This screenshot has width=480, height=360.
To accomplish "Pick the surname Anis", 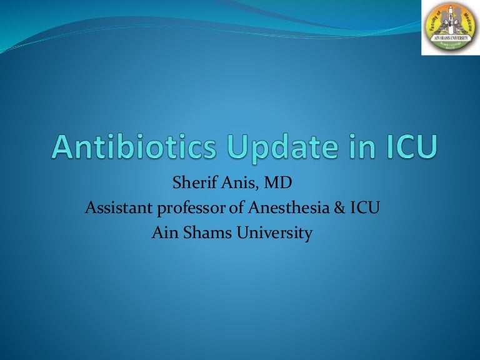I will tap(234, 185).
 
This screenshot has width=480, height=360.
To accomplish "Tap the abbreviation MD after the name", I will tap(272, 185).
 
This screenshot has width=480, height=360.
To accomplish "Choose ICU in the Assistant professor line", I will tap(360, 209).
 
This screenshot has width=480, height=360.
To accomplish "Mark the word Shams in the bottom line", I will tap(204, 234).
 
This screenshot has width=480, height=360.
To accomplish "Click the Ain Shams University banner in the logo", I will tap(450, 39).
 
